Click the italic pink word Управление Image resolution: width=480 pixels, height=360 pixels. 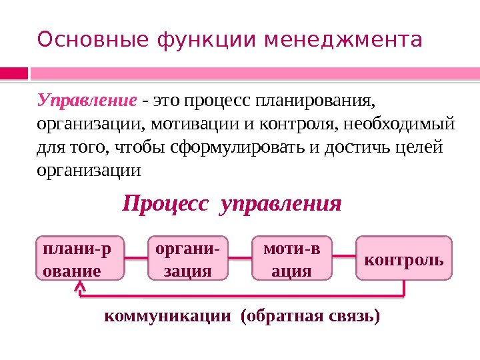[x=87, y=102]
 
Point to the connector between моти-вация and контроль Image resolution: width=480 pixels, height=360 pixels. [x=345, y=255]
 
